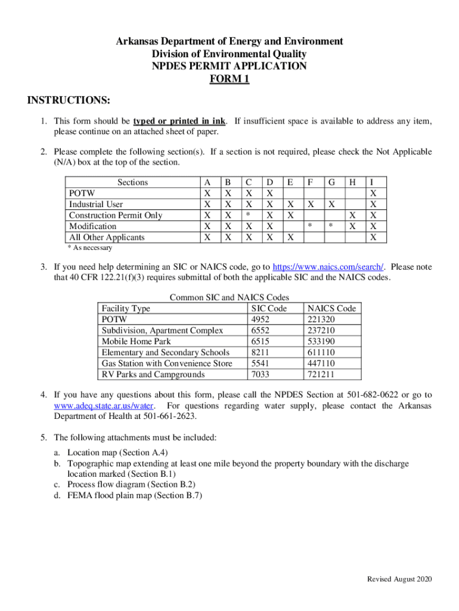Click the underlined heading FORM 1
(x=229, y=78)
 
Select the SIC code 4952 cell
(x=261, y=319)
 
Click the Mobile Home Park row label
(x=136, y=341)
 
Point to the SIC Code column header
(x=269, y=308)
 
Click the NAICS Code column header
(x=331, y=308)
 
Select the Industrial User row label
(x=96, y=204)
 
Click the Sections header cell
(x=132, y=182)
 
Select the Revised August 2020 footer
(x=399, y=579)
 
